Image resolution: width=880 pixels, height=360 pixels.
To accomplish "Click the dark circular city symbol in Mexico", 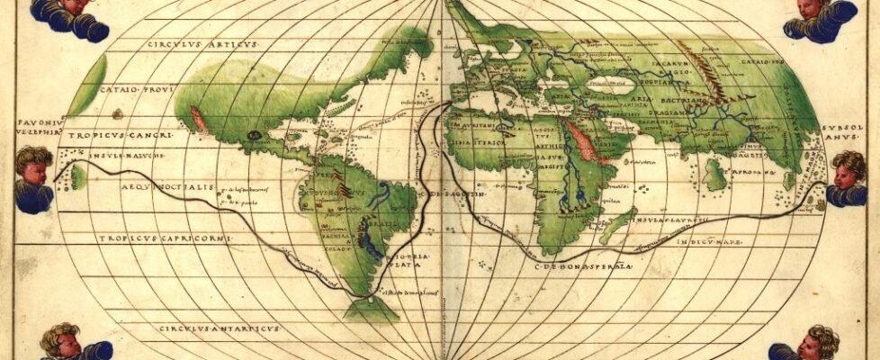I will pos(255,135).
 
